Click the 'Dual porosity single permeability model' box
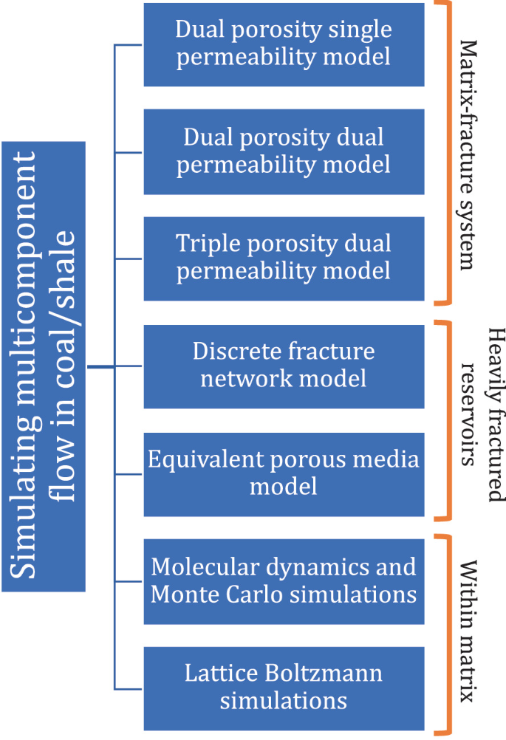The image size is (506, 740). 284,44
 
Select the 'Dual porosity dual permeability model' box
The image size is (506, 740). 284,151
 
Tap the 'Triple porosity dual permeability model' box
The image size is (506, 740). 284,258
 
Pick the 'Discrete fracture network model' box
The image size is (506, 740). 284,366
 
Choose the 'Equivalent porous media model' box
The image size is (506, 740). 284,473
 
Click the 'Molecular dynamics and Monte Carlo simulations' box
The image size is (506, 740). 284,581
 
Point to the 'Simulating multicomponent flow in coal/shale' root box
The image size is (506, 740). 44,366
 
